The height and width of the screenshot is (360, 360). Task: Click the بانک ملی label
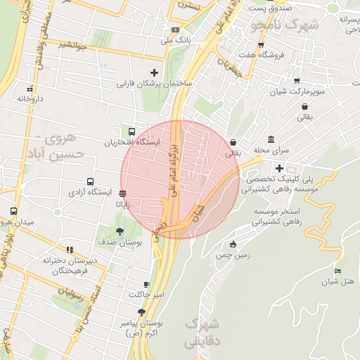pos(176,41)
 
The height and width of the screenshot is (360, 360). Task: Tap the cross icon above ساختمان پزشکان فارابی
pos(155,72)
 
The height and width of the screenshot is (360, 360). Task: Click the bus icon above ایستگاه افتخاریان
pos(131,131)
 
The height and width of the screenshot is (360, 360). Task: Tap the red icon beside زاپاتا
pos(123,193)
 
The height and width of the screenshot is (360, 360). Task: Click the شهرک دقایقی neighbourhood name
pos(201,333)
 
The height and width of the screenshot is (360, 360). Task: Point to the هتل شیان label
pos(339,282)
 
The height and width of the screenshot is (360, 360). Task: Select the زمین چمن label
pos(233,256)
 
